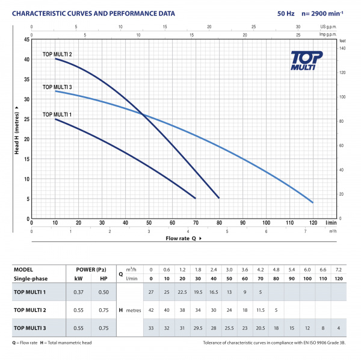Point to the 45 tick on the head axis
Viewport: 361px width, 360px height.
[x=26, y=40]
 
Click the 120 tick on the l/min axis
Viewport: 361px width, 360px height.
[x=313, y=223]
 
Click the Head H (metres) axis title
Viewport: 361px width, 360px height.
[x=17, y=129]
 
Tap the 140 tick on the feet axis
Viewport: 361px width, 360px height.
[x=342, y=48]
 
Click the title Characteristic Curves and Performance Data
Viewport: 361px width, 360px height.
[x=94, y=12]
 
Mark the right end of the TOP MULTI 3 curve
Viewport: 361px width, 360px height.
[x=313, y=202]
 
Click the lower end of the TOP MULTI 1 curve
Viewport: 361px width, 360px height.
[x=195, y=198]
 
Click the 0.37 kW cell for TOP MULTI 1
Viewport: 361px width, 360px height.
[x=78, y=292]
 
